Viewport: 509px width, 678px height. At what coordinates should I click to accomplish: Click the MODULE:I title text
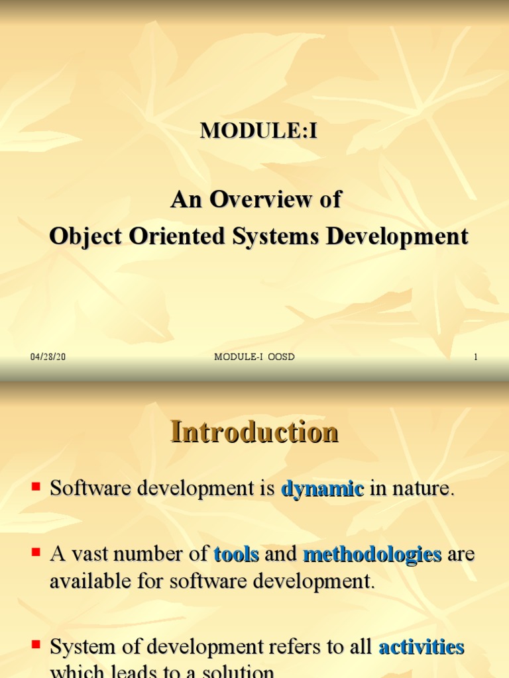[x=259, y=131]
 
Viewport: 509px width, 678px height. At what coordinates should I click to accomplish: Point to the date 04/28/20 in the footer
[x=48, y=357]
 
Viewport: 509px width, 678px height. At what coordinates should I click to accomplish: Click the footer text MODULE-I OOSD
[x=254, y=357]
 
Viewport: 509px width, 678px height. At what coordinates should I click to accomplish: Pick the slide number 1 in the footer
[x=475, y=357]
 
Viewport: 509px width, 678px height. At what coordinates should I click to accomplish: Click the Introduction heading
[x=254, y=432]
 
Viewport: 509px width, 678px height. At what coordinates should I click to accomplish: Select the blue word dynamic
[x=323, y=489]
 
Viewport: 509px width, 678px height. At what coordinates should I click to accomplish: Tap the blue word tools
[x=236, y=554]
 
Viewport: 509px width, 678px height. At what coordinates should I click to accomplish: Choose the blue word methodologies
[x=372, y=554]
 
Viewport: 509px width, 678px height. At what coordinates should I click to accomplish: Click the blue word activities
[x=421, y=647]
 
